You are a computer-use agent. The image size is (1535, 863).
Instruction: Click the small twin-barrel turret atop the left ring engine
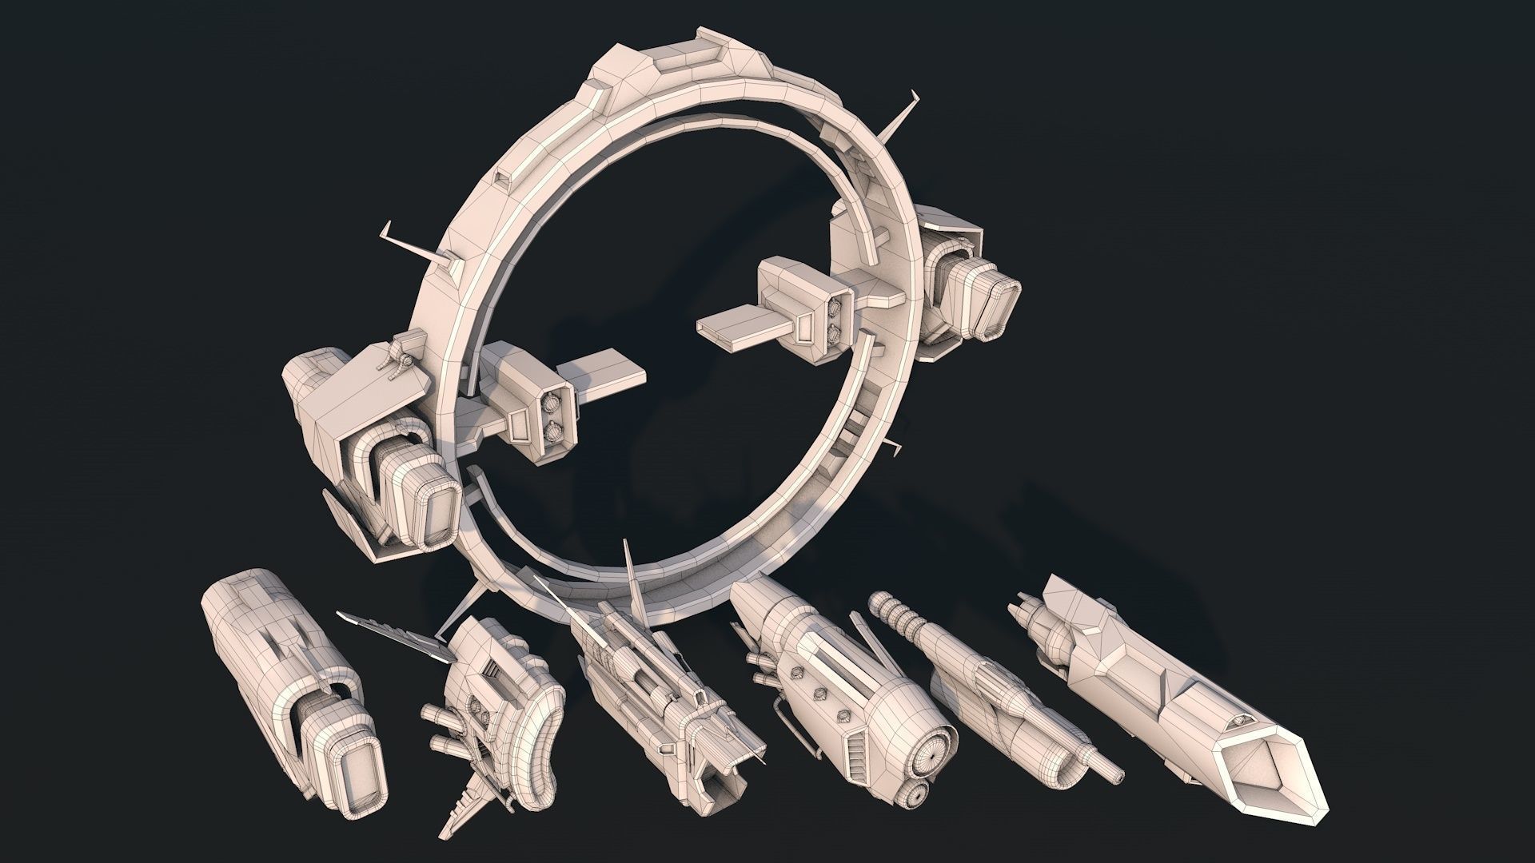[x=397, y=355]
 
